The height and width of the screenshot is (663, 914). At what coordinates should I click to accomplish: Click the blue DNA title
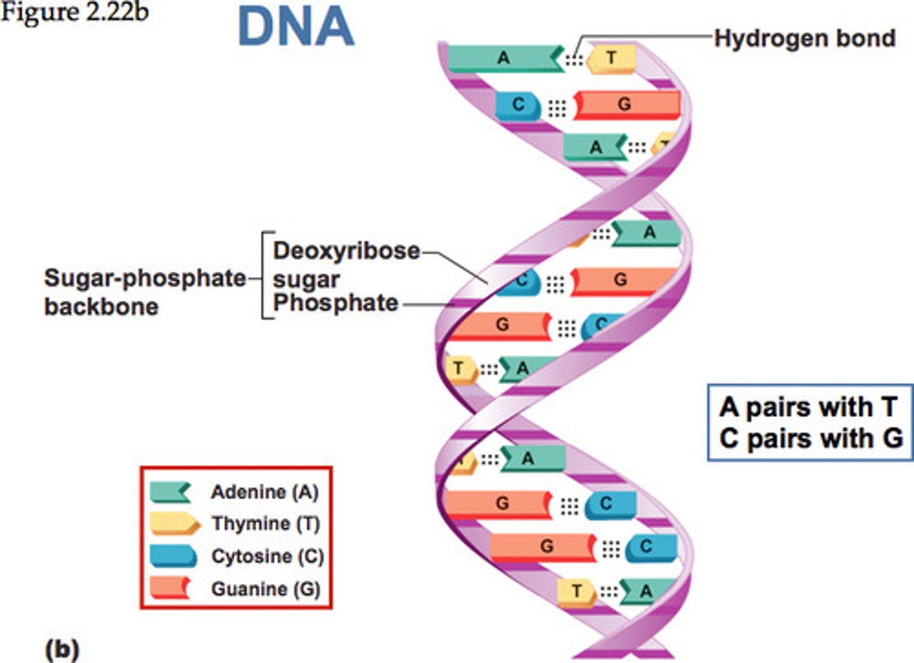coord(296,27)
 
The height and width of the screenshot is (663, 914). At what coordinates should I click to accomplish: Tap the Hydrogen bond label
coord(804,38)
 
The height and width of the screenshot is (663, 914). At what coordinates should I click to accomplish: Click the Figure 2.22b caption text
coord(74,13)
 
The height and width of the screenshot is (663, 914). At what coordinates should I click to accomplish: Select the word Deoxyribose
coord(347,251)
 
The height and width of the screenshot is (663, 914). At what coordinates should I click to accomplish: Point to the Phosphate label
coord(335,303)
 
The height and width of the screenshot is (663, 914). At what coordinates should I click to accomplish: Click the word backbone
coord(102,306)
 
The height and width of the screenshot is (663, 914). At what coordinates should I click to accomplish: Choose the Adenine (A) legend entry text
coord(265,492)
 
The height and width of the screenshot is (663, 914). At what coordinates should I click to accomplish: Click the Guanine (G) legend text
coord(265,589)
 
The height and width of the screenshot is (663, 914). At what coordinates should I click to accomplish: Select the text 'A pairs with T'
coord(809,407)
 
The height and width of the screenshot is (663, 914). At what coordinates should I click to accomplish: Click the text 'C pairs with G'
coord(811,438)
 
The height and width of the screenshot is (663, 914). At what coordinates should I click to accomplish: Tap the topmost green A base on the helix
coord(504,58)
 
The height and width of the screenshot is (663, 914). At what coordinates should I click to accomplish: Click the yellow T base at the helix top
coord(611,58)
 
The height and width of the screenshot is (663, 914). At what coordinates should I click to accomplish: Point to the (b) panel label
coord(62,650)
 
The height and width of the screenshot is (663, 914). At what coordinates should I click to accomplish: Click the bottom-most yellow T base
coord(576,591)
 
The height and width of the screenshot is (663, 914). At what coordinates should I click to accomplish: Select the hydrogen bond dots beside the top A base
coord(574,60)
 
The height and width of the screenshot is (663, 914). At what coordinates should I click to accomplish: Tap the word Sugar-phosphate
coord(145,278)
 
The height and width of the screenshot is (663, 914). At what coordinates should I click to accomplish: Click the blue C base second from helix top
coord(518,105)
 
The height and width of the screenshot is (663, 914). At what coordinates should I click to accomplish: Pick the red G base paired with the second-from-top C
coord(625,105)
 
